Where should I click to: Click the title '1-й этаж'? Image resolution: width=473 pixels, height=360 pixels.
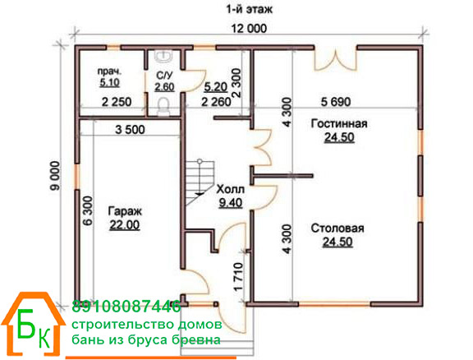249,10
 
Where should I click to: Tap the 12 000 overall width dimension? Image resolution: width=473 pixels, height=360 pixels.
249,29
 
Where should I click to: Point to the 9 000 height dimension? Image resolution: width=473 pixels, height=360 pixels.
56,176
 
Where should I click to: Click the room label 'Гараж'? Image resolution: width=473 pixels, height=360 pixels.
125,211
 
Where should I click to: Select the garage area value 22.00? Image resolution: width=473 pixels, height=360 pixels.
125,225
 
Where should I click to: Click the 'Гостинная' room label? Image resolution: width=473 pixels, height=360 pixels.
339,123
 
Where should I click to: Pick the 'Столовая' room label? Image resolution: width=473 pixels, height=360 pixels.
338,228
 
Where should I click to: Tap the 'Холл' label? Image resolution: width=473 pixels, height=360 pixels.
230,190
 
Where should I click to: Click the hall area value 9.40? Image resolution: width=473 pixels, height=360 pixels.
231,203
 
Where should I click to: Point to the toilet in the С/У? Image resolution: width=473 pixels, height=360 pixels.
163,106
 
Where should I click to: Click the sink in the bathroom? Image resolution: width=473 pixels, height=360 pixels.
163,56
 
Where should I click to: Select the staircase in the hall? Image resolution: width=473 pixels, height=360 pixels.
200,182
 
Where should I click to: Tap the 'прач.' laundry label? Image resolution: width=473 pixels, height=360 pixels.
109,72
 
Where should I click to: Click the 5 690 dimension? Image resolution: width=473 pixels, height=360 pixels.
336,102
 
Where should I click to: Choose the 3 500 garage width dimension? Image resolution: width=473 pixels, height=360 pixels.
130,130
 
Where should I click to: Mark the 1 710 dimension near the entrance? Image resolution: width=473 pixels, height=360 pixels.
238,276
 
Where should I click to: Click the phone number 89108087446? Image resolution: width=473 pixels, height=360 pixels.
126,307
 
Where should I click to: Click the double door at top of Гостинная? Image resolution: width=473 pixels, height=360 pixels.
336,60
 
